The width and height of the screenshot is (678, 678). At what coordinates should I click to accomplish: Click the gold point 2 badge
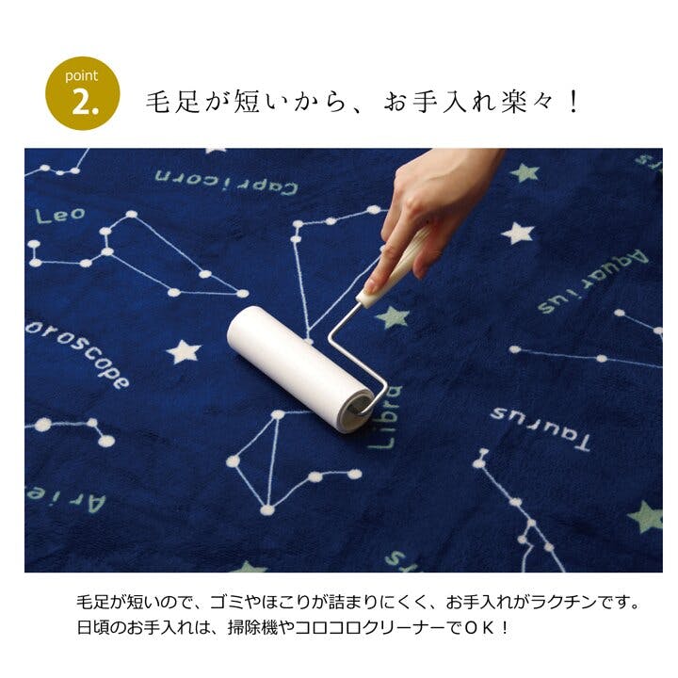(82, 93)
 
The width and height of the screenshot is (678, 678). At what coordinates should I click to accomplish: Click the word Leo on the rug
(60, 216)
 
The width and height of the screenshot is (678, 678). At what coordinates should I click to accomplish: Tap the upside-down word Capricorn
(226, 182)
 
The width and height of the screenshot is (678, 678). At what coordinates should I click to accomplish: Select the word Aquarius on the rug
(593, 281)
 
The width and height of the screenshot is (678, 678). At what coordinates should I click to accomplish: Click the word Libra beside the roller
(386, 417)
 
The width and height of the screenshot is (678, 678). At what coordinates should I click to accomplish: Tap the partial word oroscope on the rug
(77, 354)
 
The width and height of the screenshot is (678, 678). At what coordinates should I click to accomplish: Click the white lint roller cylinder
(300, 368)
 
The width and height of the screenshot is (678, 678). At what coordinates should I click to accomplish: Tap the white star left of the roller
(184, 351)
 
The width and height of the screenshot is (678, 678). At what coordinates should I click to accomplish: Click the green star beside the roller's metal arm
(393, 317)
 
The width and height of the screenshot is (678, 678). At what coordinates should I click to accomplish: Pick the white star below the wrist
(518, 234)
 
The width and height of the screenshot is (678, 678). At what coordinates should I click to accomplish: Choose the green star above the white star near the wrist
(525, 172)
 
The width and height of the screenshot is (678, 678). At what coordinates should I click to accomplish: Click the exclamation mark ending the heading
(573, 103)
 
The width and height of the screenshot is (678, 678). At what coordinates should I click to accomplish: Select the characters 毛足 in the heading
(172, 103)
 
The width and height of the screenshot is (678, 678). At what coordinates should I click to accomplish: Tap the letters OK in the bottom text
(479, 628)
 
